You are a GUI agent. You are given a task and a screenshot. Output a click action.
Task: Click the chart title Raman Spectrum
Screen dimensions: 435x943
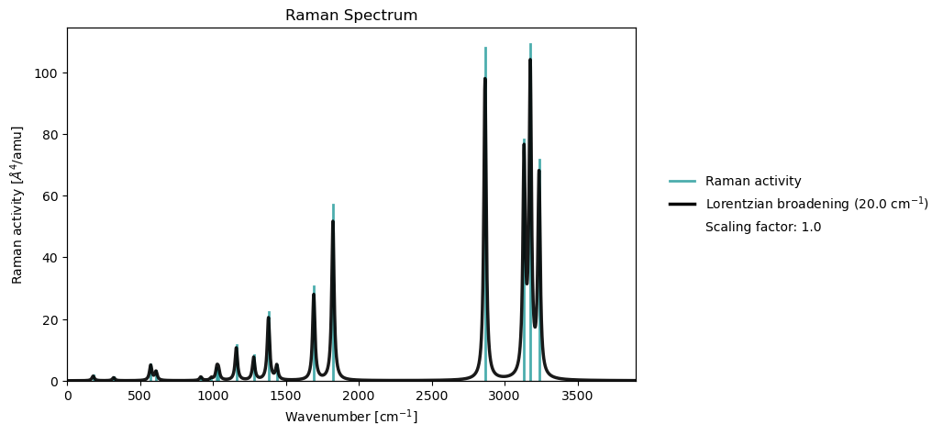351,16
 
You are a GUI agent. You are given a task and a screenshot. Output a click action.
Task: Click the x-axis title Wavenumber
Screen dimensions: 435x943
351,417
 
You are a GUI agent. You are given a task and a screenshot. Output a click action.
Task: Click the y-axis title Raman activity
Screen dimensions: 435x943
17,205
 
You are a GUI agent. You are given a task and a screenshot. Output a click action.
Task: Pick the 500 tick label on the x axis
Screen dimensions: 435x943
139,396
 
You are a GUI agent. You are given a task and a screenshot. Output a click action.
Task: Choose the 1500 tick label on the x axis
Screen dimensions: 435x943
285,396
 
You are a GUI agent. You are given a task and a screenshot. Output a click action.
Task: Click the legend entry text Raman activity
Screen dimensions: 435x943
753,181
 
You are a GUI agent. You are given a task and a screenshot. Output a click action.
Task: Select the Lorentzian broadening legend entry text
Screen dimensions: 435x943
816,204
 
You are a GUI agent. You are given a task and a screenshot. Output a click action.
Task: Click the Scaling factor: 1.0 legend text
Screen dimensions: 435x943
762,227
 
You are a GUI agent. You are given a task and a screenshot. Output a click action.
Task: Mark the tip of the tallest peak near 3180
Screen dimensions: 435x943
530,44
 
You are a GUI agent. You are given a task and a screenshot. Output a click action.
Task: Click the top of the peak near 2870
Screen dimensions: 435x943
485,48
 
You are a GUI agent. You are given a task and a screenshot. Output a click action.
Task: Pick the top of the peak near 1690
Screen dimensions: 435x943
314,286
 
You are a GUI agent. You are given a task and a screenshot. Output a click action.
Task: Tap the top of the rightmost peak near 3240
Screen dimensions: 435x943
539,161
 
